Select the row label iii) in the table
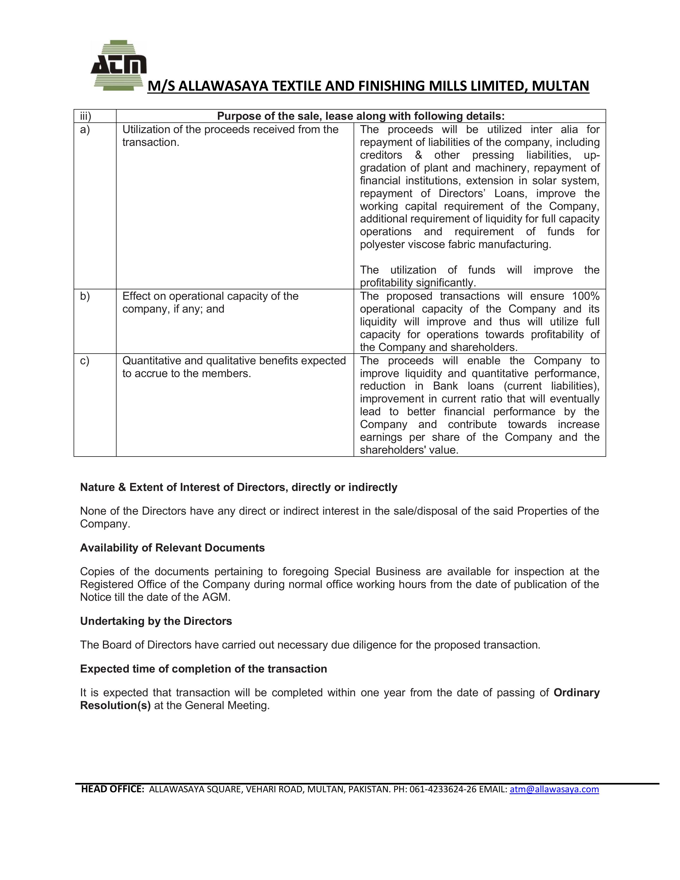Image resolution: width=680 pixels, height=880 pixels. click(x=85, y=117)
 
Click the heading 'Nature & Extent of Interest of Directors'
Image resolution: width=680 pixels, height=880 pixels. click(x=238, y=487)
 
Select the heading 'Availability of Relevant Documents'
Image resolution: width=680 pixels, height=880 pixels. click(x=173, y=548)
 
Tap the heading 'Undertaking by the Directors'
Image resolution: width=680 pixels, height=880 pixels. click(x=156, y=621)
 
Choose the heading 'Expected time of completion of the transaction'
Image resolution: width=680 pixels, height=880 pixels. click(x=203, y=669)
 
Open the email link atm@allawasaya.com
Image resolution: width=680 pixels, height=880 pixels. click(x=554, y=789)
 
